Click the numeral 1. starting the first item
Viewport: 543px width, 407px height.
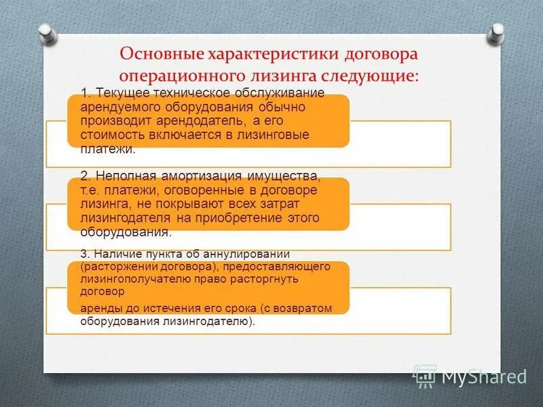coord(85,93)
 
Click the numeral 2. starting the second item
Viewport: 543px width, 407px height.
coord(85,176)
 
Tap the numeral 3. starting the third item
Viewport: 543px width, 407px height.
coord(85,253)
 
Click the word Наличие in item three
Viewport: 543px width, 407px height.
coord(117,253)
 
